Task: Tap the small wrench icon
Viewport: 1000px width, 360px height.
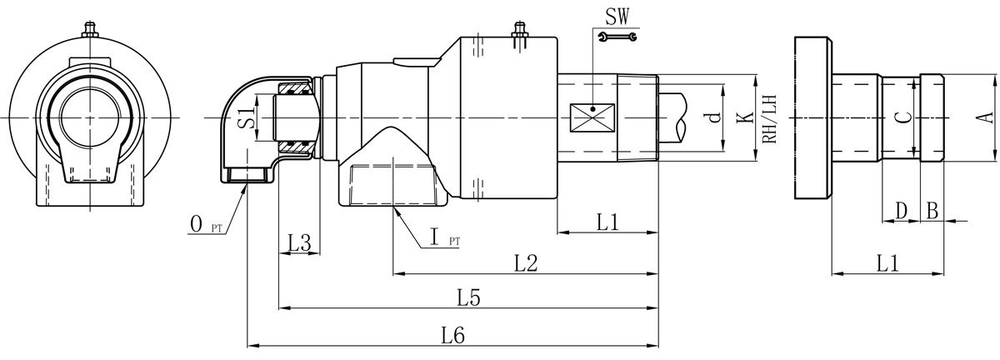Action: [x=617, y=36]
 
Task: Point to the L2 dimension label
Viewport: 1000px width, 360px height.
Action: [x=525, y=262]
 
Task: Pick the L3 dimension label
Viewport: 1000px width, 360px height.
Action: [x=299, y=243]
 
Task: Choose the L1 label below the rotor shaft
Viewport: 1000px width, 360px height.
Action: [x=607, y=222]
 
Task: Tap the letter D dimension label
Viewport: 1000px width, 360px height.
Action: [x=900, y=210]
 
